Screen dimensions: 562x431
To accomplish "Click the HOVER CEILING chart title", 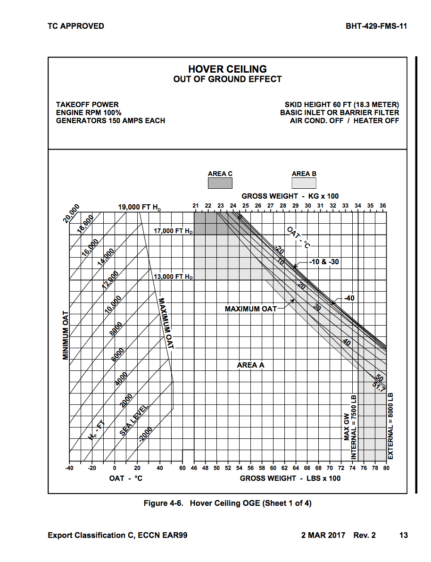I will (x=227, y=69).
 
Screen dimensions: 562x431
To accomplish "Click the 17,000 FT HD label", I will (x=173, y=231).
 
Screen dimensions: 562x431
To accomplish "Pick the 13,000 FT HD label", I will (x=173, y=277).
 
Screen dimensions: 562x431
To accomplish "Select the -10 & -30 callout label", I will (x=324, y=261).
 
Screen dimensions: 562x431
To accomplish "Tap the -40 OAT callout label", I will (x=348, y=298).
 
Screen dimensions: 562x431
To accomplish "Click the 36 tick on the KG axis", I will (x=382, y=206).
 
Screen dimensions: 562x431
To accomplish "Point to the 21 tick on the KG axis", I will (x=196, y=206).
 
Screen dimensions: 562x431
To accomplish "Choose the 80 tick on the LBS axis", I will (x=386, y=468).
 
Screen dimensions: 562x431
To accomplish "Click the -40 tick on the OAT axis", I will (x=69, y=468).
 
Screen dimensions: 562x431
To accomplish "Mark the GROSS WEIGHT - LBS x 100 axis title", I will (x=290, y=478).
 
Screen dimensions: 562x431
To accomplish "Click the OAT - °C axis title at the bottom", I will (x=126, y=478).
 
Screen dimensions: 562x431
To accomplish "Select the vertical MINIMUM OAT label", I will (x=66, y=335).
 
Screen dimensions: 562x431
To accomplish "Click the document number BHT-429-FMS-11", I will (x=376, y=26).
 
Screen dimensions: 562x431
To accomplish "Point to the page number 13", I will (x=403, y=535).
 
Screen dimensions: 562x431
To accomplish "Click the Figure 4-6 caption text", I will (x=227, y=503).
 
